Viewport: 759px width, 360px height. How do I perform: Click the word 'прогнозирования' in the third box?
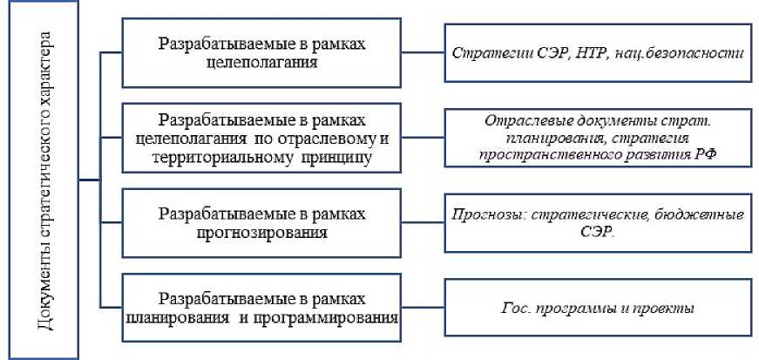click(x=262, y=233)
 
